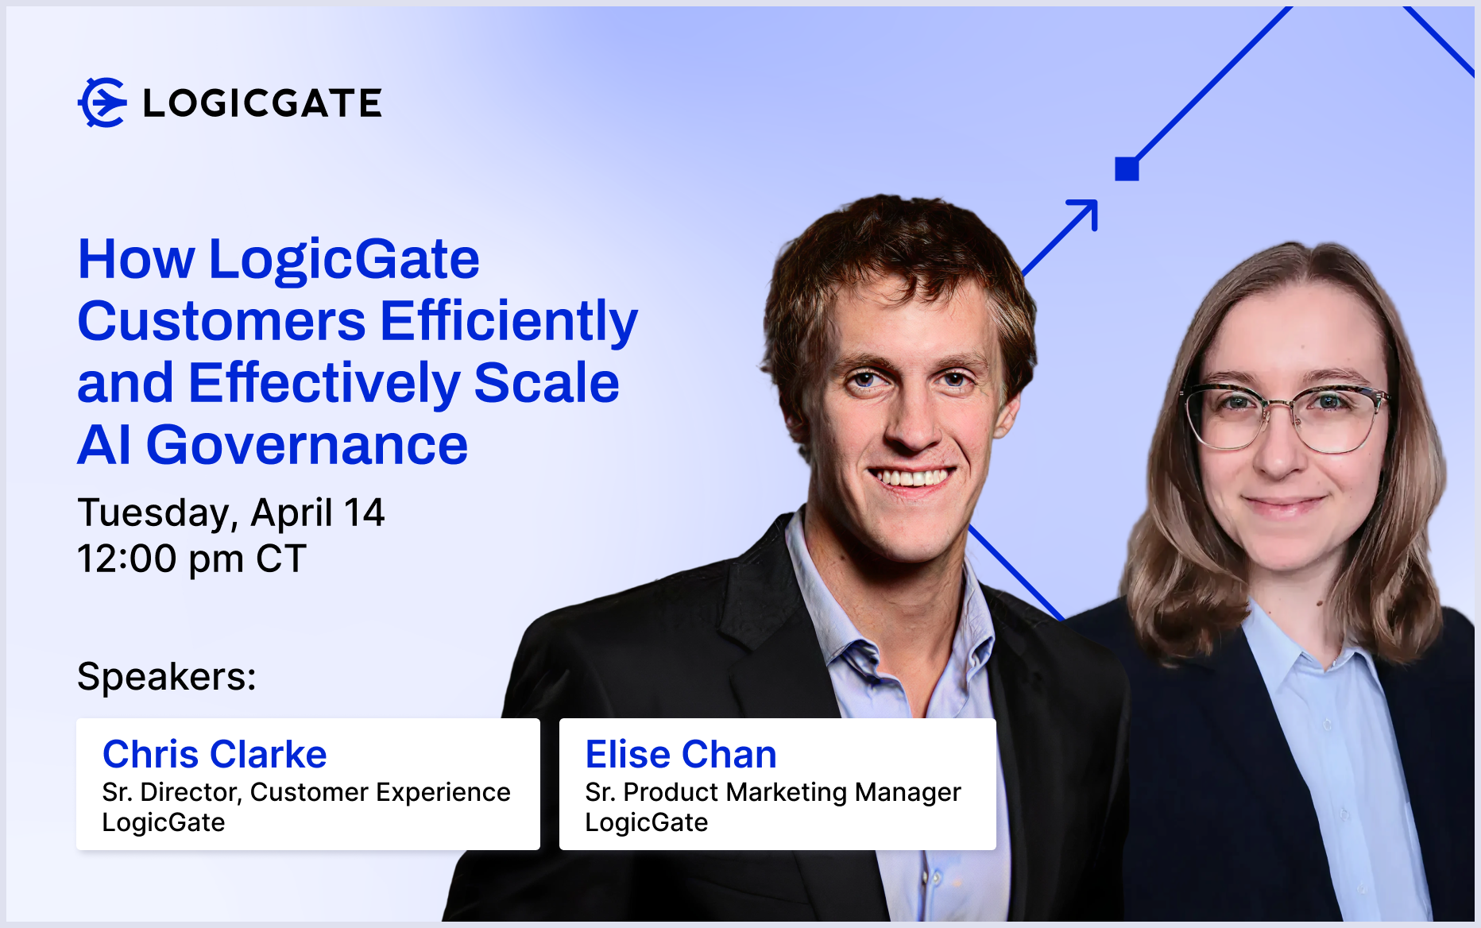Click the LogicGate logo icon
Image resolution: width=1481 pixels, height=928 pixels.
click(x=102, y=102)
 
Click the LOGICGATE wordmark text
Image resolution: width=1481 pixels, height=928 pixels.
click(x=262, y=103)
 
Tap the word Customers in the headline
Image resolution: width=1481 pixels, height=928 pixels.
click(x=222, y=321)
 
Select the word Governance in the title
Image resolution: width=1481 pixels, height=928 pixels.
click(x=307, y=445)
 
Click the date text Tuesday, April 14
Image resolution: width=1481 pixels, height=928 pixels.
click(x=231, y=513)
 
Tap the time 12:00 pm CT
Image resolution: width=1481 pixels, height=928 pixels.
click(x=191, y=559)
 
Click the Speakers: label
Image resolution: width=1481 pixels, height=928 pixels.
click(x=167, y=677)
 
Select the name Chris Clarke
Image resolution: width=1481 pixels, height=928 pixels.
click(x=215, y=754)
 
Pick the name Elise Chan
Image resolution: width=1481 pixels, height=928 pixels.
click(x=681, y=754)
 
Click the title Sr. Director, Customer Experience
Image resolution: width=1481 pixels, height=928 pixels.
click(x=306, y=792)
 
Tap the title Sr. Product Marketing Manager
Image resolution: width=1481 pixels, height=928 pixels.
click(x=773, y=793)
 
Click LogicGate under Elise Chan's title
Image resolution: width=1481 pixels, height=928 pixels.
click(x=646, y=822)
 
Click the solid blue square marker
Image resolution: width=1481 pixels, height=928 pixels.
click(x=1127, y=168)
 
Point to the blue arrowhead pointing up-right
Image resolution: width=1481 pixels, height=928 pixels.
click(x=1085, y=212)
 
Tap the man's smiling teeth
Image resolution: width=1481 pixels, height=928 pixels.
click(x=912, y=478)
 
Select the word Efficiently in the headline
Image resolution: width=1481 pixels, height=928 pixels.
click(x=508, y=321)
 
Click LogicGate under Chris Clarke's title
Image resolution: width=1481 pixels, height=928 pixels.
click(x=164, y=822)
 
